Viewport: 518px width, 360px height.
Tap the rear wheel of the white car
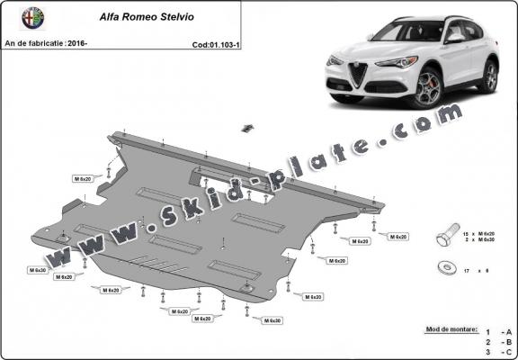[490, 78]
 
